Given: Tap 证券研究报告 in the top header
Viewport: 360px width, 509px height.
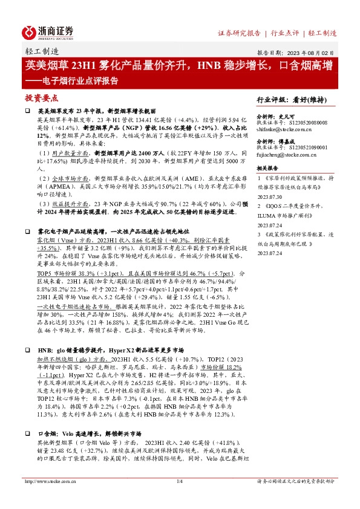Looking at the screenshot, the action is (x=239, y=33).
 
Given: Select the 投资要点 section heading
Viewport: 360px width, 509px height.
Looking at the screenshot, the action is (x=41, y=97).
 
